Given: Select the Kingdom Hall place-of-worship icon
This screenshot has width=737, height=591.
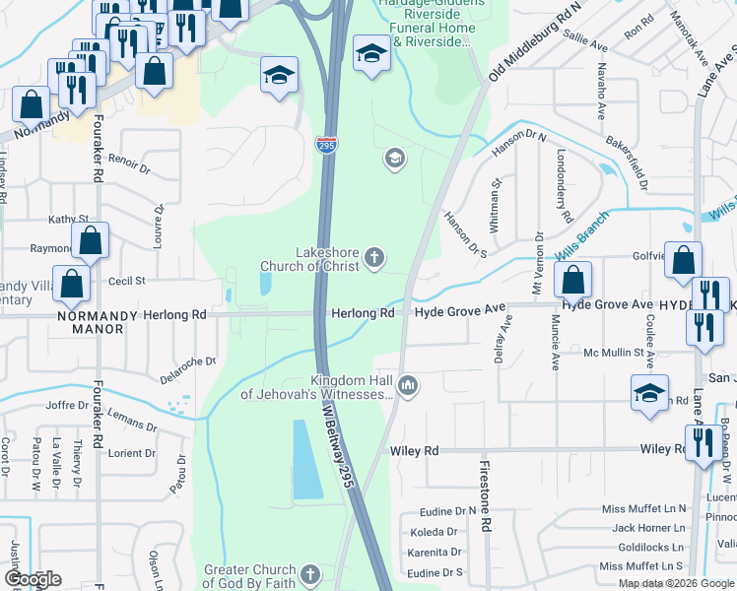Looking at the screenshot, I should point(409,385).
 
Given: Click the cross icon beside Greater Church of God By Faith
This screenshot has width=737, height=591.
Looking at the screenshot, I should point(310,574).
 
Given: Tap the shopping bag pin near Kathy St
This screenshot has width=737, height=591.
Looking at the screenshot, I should point(90,240).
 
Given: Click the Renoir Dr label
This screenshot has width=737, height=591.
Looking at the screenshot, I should point(129,163).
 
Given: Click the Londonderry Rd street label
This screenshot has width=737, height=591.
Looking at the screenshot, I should point(563,185).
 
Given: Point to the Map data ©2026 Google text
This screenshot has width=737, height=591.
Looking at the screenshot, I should point(675,583).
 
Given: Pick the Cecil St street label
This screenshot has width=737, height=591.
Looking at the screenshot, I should point(127,281).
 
